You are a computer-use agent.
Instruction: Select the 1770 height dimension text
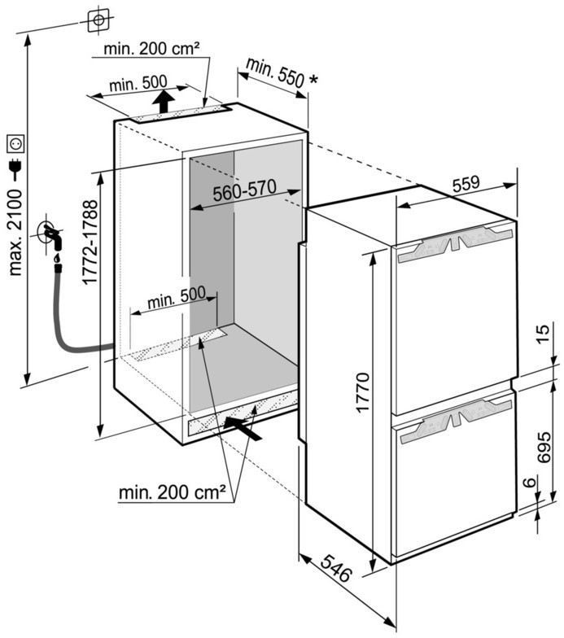click(x=363, y=391)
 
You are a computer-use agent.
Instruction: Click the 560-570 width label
click(x=245, y=194)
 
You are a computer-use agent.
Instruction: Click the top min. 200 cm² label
click(x=152, y=50)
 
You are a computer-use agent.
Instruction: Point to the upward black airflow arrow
click(x=164, y=103)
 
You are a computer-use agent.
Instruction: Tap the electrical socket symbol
click(x=15, y=144)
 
